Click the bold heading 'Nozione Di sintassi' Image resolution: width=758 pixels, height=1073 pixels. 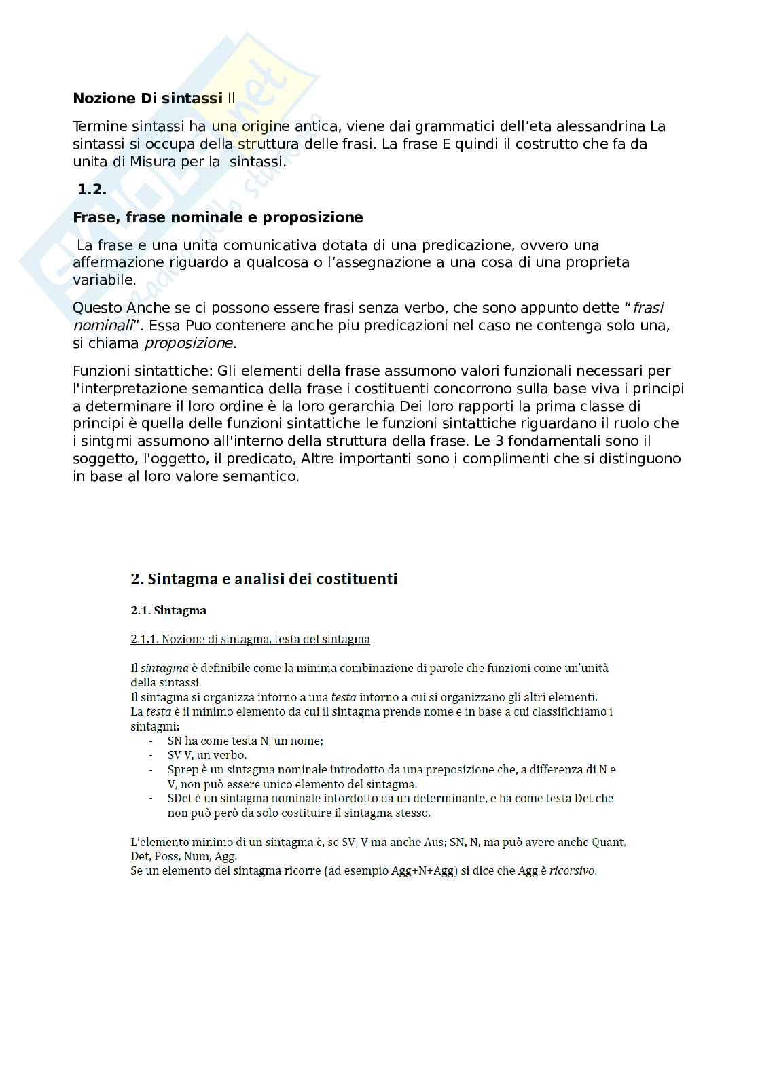tap(147, 99)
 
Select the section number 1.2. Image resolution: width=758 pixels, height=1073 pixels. tap(92, 190)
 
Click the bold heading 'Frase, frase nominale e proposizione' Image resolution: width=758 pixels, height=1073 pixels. tap(217, 217)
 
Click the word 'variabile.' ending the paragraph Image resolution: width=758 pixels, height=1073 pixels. tap(104, 280)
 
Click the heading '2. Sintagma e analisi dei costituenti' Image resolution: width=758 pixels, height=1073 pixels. tap(264, 579)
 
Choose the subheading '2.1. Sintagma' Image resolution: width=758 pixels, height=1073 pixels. tap(168, 610)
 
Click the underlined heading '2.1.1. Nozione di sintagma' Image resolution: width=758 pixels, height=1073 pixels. tap(250, 639)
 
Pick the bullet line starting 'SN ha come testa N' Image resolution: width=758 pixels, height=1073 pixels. tap(245, 741)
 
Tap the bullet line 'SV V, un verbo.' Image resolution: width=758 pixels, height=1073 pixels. tap(206, 755)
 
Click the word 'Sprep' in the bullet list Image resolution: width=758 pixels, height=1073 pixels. tap(183, 770)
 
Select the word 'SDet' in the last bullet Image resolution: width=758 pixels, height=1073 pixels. tap(180, 798)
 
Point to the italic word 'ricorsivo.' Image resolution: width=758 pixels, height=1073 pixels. tap(573, 870)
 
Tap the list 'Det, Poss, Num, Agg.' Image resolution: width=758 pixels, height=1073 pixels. tap(183, 856)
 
